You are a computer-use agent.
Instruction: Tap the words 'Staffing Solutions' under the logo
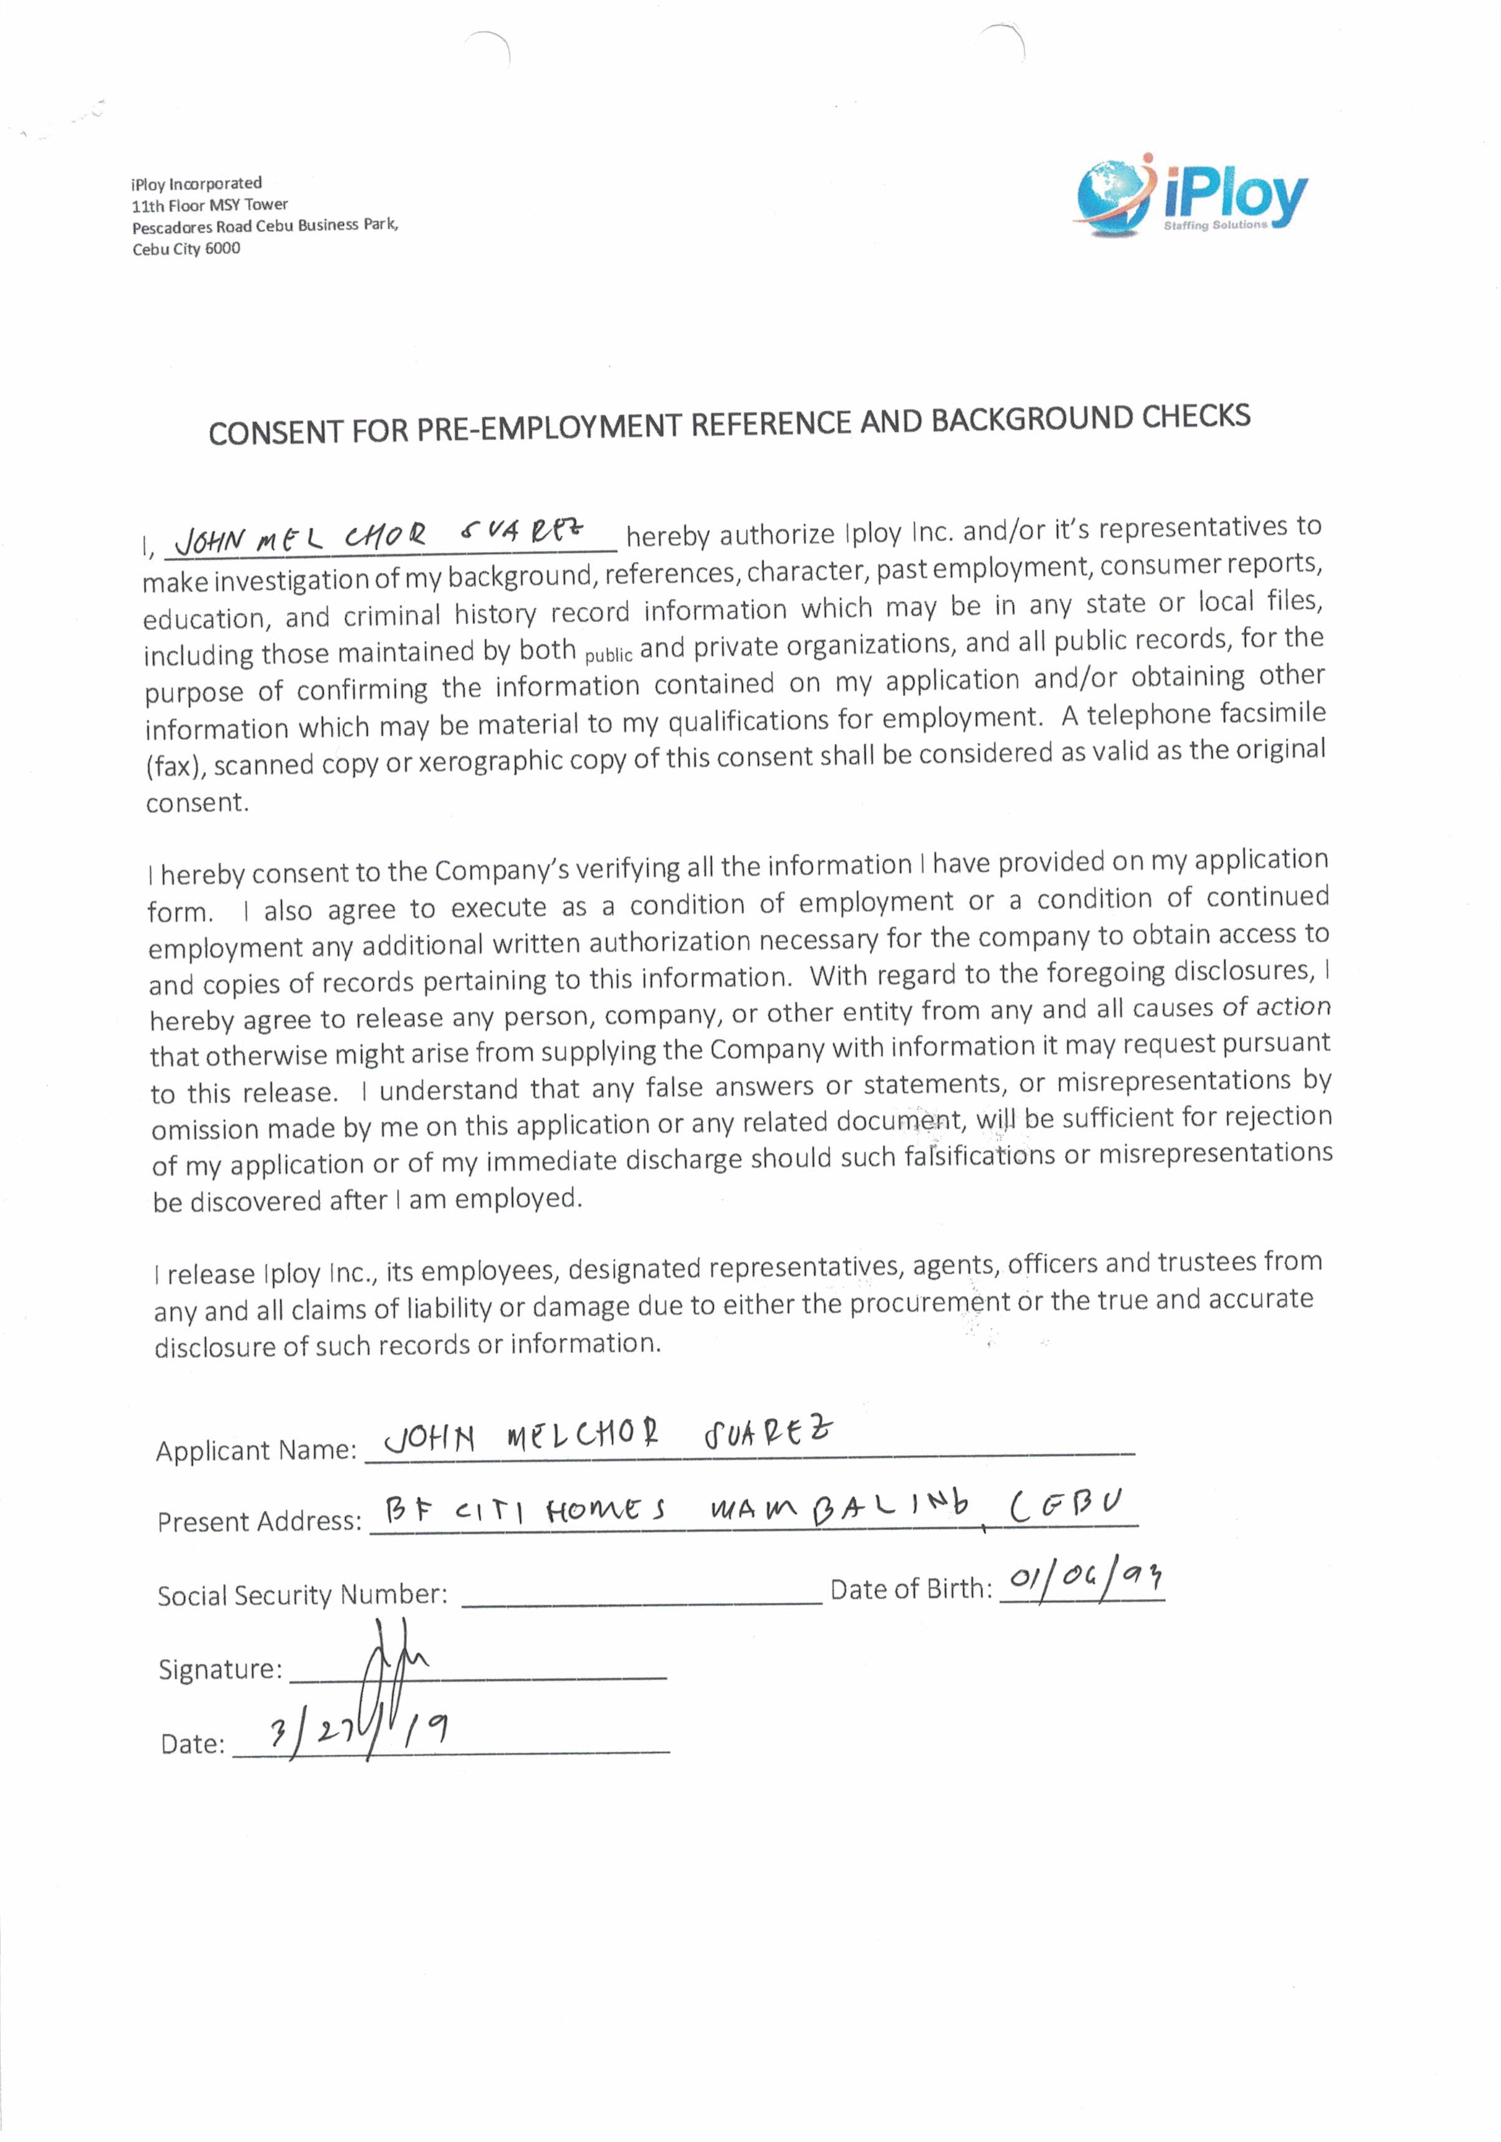(x=1216, y=226)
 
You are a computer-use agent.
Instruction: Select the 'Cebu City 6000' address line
(x=186, y=248)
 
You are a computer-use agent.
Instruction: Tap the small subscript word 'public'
(x=608, y=655)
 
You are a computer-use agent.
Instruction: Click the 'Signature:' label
(x=220, y=1668)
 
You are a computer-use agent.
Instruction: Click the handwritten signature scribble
(x=392, y=1680)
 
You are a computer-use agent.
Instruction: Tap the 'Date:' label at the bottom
(x=192, y=1744)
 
